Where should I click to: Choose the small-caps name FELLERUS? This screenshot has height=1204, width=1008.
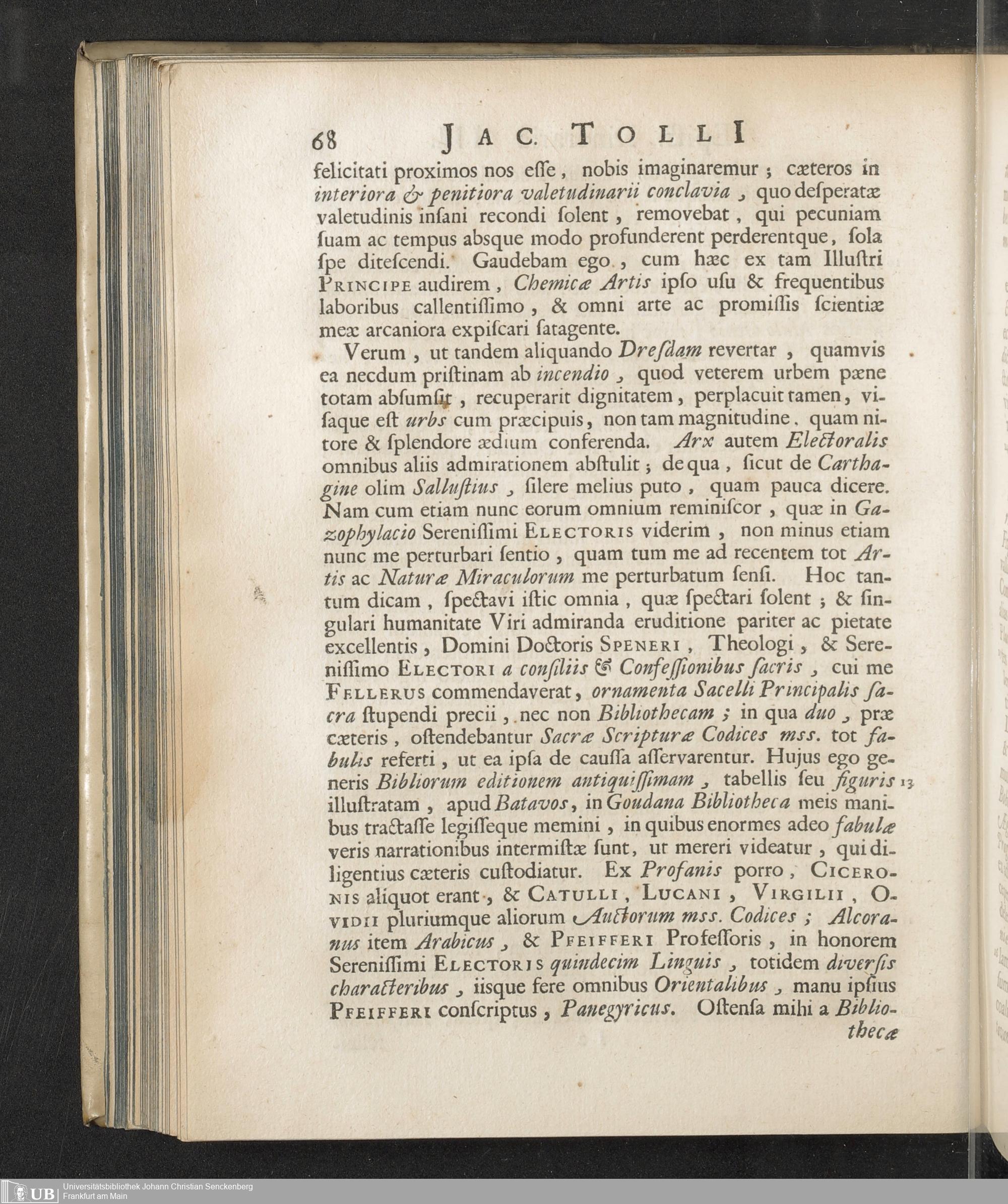[x=375, y=692]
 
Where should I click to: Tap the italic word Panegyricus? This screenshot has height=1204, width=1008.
[x=616, y=1008]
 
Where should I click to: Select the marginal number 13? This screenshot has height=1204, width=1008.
[x=907, y=782]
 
